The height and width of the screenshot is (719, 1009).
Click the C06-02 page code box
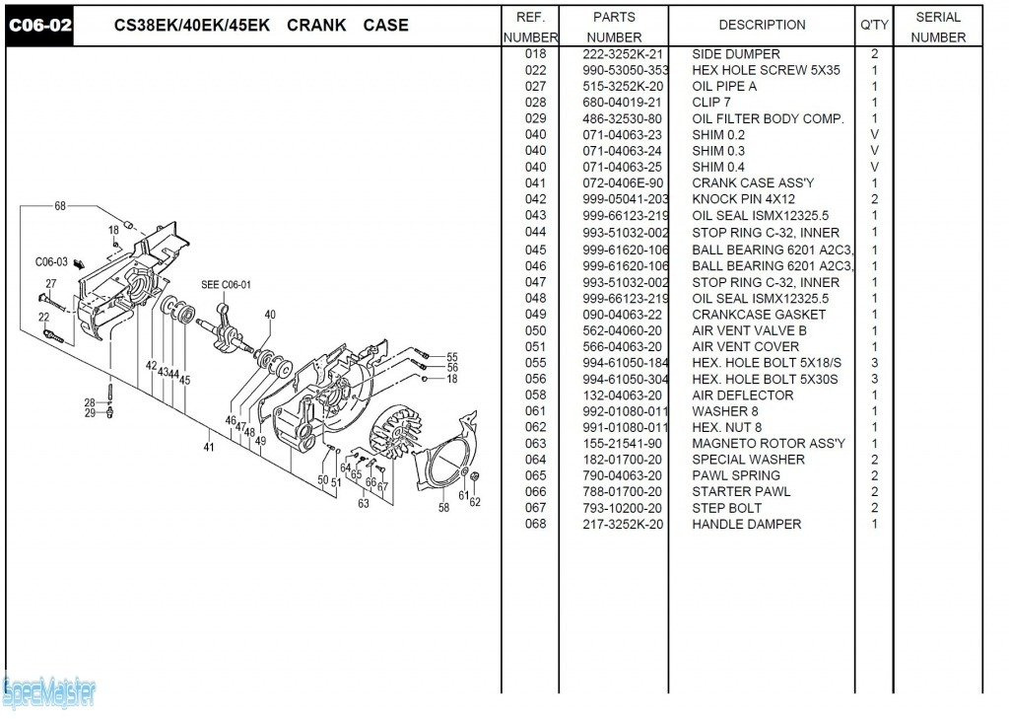click(39, 26)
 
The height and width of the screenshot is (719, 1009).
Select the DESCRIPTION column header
click(762, 26)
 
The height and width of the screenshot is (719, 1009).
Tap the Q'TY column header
click(874, 26)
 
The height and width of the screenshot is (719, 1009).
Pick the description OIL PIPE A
click(724, 87)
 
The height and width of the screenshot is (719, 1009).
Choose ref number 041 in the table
click(535, 183)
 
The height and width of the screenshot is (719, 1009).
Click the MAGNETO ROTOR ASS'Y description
click(768, 444)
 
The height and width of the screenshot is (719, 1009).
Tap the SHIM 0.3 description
click(718, 151)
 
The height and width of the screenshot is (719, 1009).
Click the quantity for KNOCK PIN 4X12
click(874, 199)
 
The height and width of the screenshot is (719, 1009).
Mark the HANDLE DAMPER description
click(746, 525)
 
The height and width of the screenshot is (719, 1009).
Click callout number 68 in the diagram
click(60, 206)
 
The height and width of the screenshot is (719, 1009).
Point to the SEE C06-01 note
click(227, 285)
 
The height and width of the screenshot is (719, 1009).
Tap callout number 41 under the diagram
click(209, 447)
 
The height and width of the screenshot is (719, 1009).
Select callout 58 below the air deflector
click(444, 508)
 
